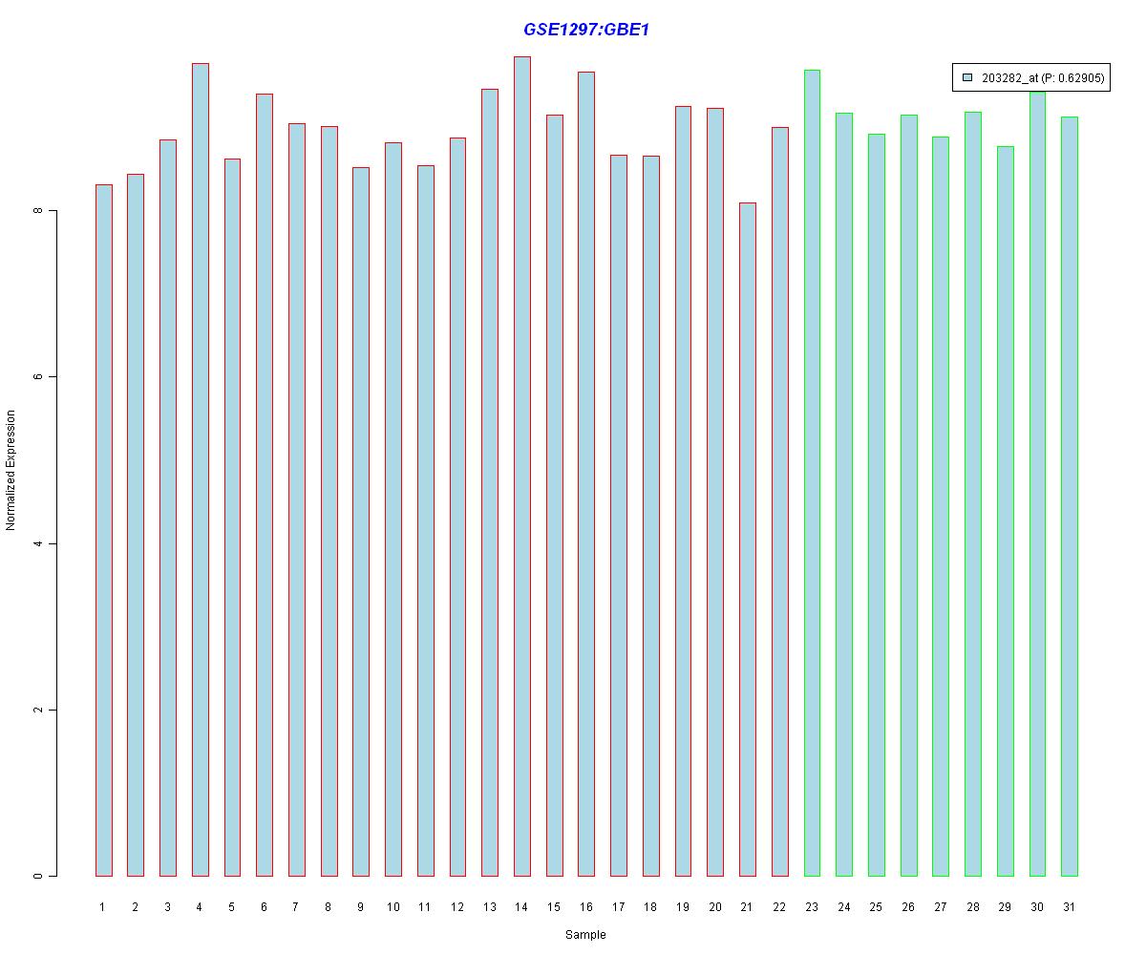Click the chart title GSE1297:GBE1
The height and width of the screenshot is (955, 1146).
pos(586,30)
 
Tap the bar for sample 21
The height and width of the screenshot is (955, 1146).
pos(748,540)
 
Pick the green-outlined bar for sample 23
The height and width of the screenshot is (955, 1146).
pos(812,473)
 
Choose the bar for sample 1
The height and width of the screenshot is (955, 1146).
pos(104,530)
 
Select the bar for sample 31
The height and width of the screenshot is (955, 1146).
pos(1070,497)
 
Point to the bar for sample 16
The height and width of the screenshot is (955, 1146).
pos(586,474)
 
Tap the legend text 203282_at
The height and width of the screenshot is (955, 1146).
pos(1010,78)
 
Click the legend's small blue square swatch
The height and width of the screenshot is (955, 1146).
pos(967,77)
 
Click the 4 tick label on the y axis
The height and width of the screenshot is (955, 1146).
pos(39,543)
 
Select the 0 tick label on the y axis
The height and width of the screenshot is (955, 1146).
pos(39,876)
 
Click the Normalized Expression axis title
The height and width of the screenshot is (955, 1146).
pos(11,470)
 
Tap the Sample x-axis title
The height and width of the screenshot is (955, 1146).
pos(585,935)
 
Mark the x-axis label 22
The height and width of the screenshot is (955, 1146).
pos(779,906)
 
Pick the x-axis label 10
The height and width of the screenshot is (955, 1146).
pos(393,906)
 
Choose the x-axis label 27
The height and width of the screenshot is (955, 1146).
pos(941,906)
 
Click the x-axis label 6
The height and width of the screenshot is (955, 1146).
pos(265,906)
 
